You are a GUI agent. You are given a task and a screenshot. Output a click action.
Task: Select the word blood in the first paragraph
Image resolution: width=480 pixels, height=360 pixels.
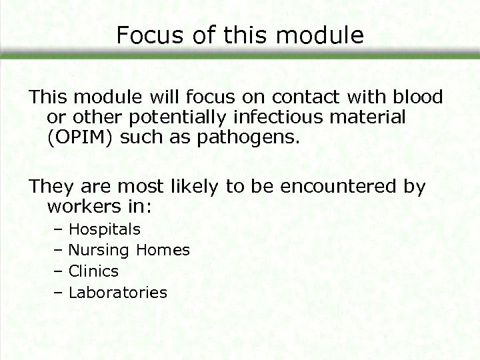[417, 97]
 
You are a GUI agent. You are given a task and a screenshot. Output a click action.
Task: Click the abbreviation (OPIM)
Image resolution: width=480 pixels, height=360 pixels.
[75, 140]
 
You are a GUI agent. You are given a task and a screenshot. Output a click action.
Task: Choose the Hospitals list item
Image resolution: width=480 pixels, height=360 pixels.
[105, 230]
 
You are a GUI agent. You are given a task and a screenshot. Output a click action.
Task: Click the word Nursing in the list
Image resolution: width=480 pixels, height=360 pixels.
[99, 251]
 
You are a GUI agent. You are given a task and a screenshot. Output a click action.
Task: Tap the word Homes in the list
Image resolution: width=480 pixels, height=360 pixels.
[163, 251]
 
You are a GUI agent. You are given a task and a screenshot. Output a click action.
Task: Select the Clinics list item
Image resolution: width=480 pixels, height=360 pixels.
[93, 271]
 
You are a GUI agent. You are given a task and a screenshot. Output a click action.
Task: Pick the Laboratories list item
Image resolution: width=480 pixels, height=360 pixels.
[118, 292]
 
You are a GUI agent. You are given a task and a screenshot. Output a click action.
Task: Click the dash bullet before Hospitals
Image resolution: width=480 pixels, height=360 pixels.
[57, 230]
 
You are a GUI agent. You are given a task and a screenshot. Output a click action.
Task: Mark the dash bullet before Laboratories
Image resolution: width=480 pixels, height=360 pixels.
[57, 292]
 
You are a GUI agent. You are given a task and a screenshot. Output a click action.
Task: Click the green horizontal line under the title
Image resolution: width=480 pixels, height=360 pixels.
[240, 57]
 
